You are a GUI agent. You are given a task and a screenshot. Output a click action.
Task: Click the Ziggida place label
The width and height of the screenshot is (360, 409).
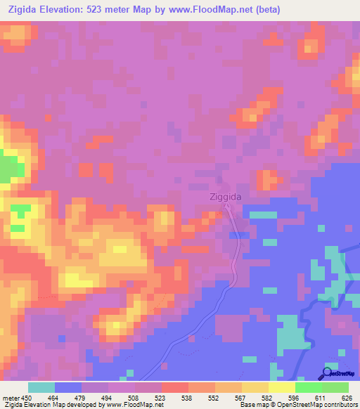point(226,197)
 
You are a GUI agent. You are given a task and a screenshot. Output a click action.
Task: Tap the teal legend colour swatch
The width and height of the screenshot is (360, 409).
point(41,387)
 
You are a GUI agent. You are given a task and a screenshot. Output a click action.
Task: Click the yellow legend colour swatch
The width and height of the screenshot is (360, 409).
point(281,387)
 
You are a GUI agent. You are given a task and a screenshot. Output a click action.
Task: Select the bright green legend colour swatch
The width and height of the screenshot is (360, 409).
point(308,387)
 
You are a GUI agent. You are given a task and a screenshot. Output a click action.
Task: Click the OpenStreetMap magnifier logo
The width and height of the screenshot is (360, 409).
point(328,373)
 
